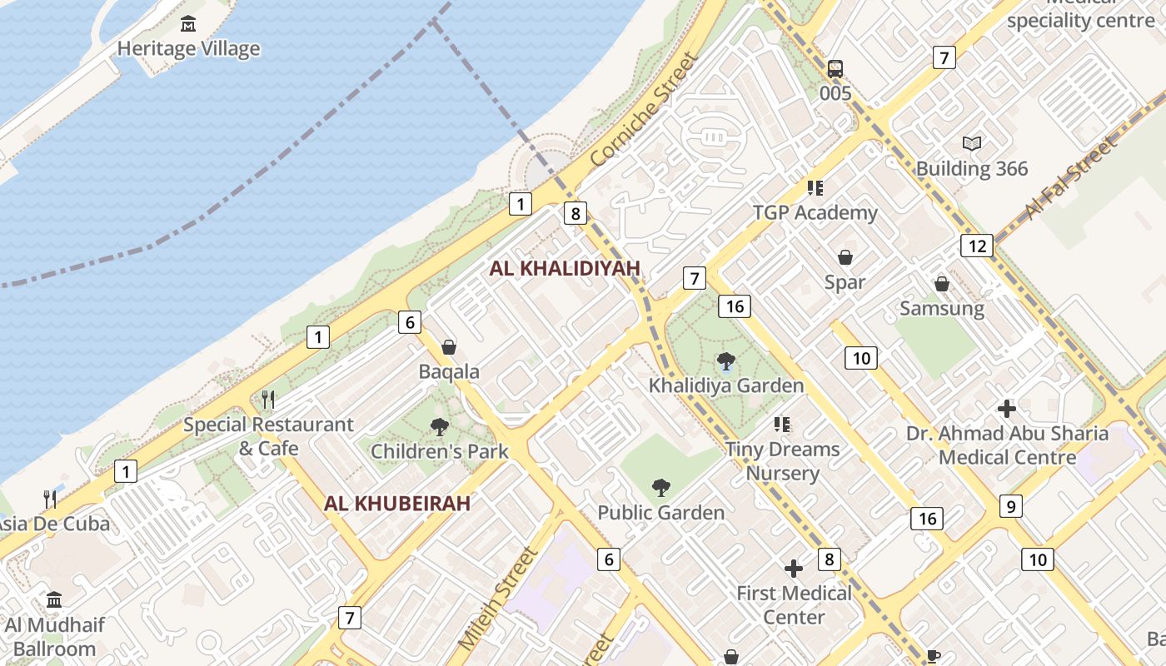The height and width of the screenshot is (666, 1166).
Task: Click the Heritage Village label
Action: coord(188,48)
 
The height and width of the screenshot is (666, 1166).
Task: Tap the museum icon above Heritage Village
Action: coord(188,24)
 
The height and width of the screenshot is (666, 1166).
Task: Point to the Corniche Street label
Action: coord(641,109)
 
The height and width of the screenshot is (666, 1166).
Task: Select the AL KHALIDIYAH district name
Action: coord(565,268)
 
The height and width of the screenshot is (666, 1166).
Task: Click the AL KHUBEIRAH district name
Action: coord(397,503)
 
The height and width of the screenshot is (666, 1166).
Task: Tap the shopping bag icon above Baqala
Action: coord(449,346)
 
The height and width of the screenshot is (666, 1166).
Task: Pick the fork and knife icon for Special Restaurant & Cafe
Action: coord(268,400)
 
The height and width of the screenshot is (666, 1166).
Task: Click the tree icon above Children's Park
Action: coord(439,427)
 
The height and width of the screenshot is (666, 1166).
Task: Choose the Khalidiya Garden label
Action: coord(726,385)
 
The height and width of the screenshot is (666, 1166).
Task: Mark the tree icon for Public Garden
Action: coord(661,487)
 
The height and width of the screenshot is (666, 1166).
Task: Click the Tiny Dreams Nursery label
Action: coord(783,461)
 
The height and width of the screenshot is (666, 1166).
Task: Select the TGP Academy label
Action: coord(815,212)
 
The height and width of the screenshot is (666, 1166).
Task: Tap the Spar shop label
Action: coord(845,282)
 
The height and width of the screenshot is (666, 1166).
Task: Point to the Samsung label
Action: coord(942,309)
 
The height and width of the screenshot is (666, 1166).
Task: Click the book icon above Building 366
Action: coord(972,143)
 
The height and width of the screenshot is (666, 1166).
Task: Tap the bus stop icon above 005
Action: coord(835,68)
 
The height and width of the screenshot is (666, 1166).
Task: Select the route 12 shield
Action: coord(977,246)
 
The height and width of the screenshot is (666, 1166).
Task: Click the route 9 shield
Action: coord(1010,505)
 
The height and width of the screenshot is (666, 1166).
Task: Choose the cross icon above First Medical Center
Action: coord(794,569)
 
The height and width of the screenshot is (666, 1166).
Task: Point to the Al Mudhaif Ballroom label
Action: coord(54,637)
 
